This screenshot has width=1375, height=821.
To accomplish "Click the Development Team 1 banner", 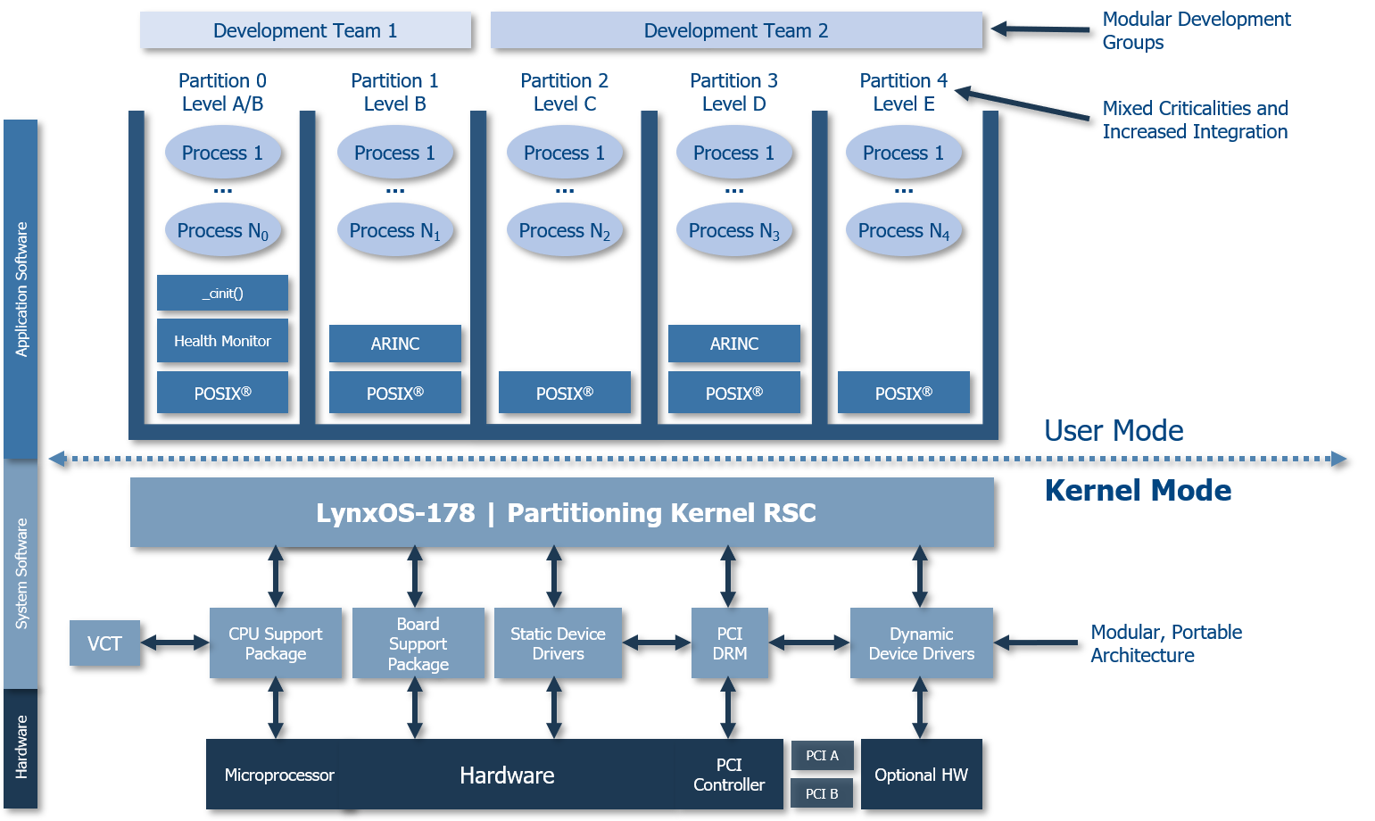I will (x=305, y=30).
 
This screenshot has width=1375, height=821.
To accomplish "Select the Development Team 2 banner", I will (x=736, y=30).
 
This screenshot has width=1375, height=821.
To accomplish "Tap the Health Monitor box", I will (x=222, y=341).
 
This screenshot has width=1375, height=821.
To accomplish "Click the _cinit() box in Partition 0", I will (x=222, y=293).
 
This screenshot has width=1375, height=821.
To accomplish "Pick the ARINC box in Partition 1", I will (x=394, y=344).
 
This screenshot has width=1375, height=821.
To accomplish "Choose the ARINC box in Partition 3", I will (x=733, y=344).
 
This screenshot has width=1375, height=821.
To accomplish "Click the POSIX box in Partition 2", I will (x=564, y=393).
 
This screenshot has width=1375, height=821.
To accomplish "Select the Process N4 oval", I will (x=903, y=230).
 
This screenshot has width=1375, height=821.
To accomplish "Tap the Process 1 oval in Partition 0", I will (x=222, y=153).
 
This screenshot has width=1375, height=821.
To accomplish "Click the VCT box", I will (x=104, y=643).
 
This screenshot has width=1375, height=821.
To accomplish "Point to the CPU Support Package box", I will (x=275, y=643).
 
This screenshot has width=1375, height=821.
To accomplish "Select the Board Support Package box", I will (x=418, y=643).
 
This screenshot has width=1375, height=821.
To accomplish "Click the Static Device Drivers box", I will (x=558, y=643).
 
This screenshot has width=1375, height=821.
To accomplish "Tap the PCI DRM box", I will (x=729, y=643).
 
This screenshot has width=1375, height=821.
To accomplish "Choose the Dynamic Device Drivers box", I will (x=921, y=643).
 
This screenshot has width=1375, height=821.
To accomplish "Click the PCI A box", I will (x=822, y=755).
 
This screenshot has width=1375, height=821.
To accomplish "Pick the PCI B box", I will (x=822, y=793).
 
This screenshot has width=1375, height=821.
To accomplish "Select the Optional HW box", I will (x=921, y=775).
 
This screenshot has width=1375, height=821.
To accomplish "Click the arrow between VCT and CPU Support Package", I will (x=175, y=643).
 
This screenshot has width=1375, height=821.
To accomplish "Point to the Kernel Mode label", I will (x=1138, y=491).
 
